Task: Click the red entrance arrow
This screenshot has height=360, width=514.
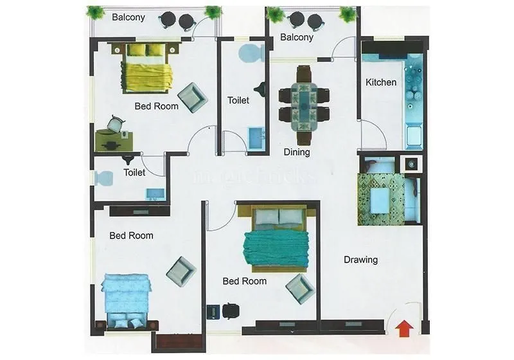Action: pyautogui.click(x=403, y=328)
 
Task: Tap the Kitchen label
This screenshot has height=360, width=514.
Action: pyautogui.click(x=381, y=82)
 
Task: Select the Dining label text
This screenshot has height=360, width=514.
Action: pyautogui.click(x=297, y=152)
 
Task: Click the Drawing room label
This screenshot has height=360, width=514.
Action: pyautogui.click(x=360, y=260)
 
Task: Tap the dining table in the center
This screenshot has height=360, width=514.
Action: pyautogui.click(x=303, y=105)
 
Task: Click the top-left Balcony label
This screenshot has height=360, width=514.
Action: pyautogui.click(x=128, y=17)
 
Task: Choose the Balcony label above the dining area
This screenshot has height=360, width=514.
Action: pyautogui.click(x=297, y=37)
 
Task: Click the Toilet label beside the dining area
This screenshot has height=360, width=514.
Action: pyautogui.click(x=238, y=100)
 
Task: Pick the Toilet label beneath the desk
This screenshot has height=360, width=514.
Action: pyautogui.click(x=134, y=172)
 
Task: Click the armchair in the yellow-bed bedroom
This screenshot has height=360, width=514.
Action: pyautogui.click(x=192, y=97)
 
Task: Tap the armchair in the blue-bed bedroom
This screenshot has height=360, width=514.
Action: pyautogui.click(x=181, y=271)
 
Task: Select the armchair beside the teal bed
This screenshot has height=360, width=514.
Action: pyautogui.click(x=300, y=288)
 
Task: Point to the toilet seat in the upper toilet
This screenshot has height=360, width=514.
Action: pyautogui.click(x=251, y=53)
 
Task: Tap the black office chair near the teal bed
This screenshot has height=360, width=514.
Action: pyautogui.click(x=230, y=311)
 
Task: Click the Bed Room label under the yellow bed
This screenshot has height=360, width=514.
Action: pyautogui.click(x=156, y=106)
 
